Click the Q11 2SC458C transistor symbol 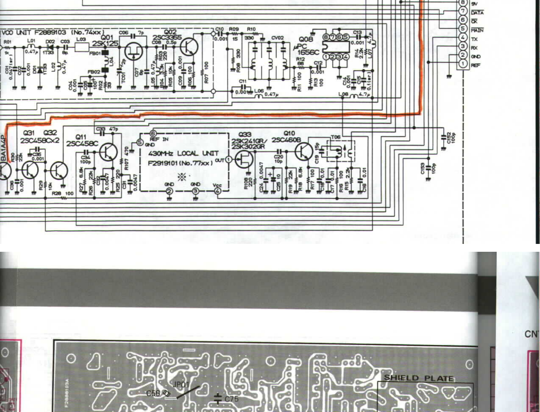109,152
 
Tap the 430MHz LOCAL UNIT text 183,153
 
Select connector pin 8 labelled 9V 463,3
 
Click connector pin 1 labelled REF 463,64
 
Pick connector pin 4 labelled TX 463,37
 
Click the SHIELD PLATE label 419,378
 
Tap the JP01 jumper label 181,385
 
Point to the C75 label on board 231,399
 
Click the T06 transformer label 336,137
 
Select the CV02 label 277,38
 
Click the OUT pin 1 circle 229,160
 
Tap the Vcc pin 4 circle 217,191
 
